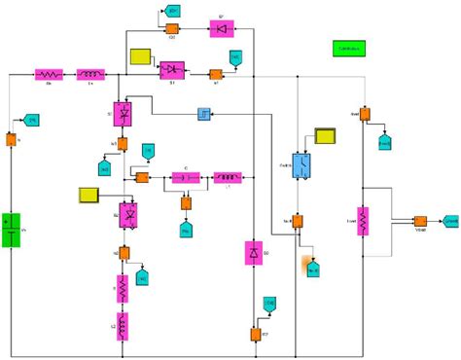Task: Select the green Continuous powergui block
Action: coord(348,49)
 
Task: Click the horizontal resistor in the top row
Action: coord(49,74)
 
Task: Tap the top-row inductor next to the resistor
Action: coord(90,74)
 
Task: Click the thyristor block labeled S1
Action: coord(171,70)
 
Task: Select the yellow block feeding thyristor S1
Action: coord(141,57)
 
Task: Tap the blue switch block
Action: coord(301,167)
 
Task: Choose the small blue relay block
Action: coord(204,115)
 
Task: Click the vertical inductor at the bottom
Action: coord(124,324)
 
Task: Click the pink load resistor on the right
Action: coord(361,221)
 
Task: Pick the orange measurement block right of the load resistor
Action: coord(420,222)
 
